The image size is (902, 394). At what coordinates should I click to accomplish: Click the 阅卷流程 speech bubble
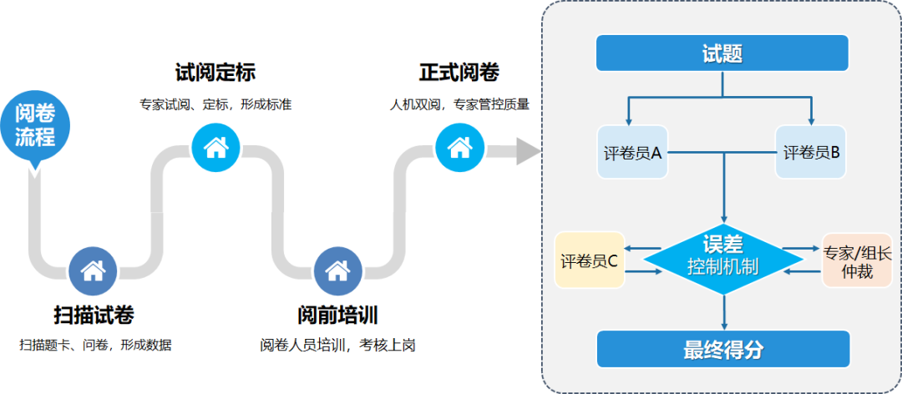point(34,126)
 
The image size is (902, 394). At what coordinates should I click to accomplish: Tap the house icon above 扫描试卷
point(92,270)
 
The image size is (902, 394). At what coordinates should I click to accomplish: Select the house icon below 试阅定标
point(215,148)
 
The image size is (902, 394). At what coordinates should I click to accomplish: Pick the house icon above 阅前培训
point(337,270)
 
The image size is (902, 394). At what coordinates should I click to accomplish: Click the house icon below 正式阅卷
point(459,148)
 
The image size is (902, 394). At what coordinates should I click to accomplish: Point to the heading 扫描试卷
point(94,316)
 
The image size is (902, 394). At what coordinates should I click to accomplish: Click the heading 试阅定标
point(215,73)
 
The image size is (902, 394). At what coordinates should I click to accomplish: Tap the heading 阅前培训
point(337,316)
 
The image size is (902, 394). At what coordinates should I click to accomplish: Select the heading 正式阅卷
point(459,73)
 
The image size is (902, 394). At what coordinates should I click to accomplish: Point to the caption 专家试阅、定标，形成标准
point(215,105)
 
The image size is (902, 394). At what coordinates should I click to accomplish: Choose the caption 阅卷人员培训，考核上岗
point(337,345)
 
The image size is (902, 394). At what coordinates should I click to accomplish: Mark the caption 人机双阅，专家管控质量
point(459,105)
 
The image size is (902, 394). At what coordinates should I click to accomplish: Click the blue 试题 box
point(722,54)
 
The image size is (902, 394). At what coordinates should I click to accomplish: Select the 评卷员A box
point(632,152)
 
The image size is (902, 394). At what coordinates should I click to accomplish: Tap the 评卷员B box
point(811,152)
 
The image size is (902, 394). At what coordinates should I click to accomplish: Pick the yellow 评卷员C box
point(589,260)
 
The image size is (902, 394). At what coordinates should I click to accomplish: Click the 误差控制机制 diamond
point(722,257)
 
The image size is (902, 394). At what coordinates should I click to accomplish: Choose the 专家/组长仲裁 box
point(857,260)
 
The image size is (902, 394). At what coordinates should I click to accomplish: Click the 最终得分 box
point(722,349)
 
